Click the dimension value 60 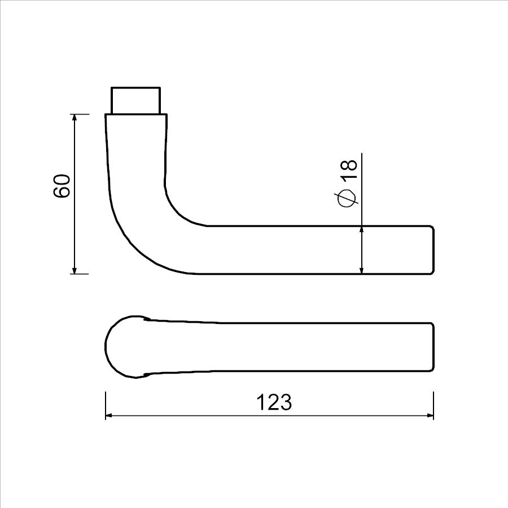[62, 186]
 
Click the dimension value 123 [274, 402]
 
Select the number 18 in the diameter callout [349, 169]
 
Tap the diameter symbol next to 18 [347, 198]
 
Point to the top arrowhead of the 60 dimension [75, 118]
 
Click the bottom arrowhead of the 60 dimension [75, 270]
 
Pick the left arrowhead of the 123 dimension [110, 415]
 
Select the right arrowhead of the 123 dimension [430, 415]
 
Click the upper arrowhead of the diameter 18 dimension [362, 230]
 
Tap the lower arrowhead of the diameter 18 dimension [362, 270]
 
